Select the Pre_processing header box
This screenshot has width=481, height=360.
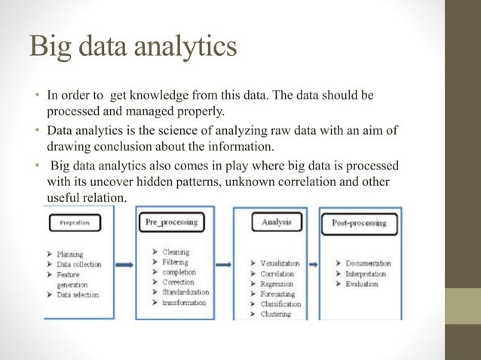pos(171,222)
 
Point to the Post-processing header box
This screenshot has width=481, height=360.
pos(359,223)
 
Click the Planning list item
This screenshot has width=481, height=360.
pos(71,255)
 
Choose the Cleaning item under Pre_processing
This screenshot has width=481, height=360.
pos(175,252)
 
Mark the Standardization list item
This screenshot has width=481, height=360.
pos(185,292)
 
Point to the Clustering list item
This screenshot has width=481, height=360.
pos(275,314)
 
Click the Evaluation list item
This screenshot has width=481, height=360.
pos(361,284)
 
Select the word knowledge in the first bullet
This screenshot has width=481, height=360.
pos(165,96)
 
